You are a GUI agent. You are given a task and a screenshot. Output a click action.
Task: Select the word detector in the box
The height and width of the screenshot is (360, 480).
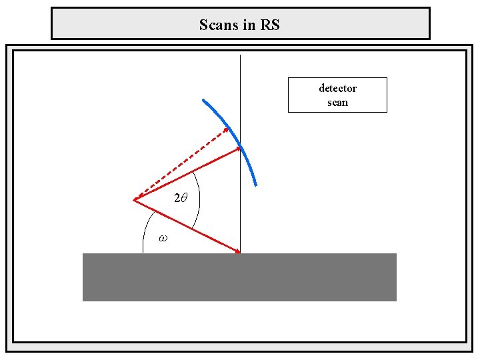pos(337,88)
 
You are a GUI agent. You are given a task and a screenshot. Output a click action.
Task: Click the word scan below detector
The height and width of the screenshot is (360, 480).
pos(337,103)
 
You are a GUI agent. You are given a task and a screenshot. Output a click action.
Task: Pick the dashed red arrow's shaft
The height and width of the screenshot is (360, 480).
pos(180,164)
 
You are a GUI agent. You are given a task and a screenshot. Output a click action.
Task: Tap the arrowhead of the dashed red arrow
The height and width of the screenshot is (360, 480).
pos(225,129)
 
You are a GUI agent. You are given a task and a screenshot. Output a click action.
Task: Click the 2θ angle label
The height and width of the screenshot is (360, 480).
pos(181,198)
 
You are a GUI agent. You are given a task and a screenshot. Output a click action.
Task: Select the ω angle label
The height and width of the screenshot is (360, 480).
pos(163,237)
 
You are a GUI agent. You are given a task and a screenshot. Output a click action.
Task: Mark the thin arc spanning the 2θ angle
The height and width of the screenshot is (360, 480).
pos(199,200)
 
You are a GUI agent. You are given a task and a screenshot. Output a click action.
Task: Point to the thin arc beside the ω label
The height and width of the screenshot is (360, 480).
pos(146,230)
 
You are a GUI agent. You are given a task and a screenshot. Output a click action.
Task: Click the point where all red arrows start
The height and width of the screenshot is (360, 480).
pos(134,200)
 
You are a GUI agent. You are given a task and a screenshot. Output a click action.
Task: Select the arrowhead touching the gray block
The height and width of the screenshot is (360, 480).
pos(236,251)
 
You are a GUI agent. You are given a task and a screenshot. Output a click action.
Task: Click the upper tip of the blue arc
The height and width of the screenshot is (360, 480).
pos(203,100)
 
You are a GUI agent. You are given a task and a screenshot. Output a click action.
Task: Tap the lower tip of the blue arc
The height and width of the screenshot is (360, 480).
pos(255,185)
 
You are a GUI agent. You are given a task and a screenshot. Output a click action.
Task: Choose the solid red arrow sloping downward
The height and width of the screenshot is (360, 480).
pos(187,226)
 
